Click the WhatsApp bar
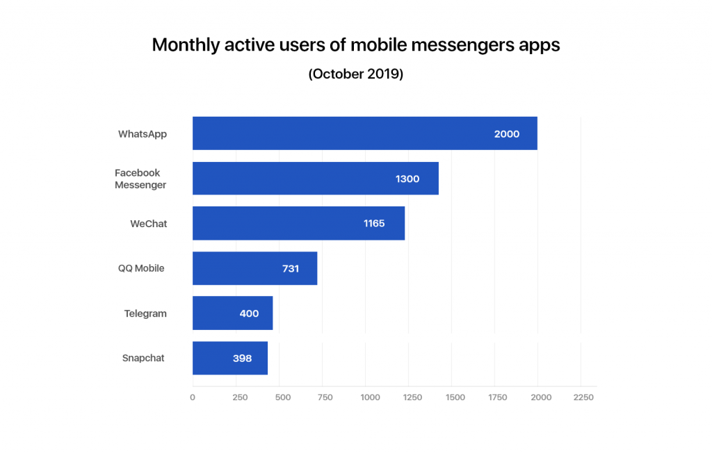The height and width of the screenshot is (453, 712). tap(364, 133)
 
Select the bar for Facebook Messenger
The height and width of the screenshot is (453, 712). tap(315, 179)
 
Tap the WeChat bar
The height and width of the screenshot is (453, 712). tap(298, 224)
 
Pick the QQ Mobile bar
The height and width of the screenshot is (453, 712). tap(254, 268)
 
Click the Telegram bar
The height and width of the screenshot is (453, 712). tap(232, 313)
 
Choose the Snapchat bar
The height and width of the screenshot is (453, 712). tap(229, 359)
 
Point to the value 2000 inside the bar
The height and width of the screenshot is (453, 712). tap(506, 134)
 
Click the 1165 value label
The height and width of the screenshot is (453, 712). tap(374, 224)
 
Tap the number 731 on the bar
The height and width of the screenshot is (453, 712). tap(290, 268)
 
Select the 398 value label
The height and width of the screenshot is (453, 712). tap(242, 359)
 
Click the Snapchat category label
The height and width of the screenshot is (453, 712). tap(143, 359)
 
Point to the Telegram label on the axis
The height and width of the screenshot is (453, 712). tap(145, 313)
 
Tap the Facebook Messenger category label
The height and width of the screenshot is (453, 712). tap(140, 179)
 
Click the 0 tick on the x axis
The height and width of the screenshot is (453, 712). tap(193, 397)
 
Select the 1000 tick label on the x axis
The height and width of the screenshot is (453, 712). tap(370, 397)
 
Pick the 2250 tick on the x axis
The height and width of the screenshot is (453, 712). tap(583, 397)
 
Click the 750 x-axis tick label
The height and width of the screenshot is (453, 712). tap(325, 397)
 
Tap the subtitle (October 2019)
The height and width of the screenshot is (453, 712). tap(356, 74)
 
